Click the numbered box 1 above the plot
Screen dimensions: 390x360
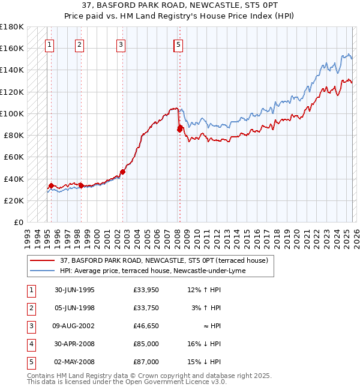pos(49,44)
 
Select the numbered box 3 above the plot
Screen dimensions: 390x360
pos(121,44)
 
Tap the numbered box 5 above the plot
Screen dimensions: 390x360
pos(179,44)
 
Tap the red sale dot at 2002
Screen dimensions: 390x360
pos(122,172)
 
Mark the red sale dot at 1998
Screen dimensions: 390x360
pos(81,185)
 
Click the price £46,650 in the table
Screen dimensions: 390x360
pos(146,326)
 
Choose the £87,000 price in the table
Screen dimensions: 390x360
pos(146,362)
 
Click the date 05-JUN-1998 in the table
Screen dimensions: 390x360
pos(74,308)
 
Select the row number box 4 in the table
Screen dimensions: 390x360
pos(31,344)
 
